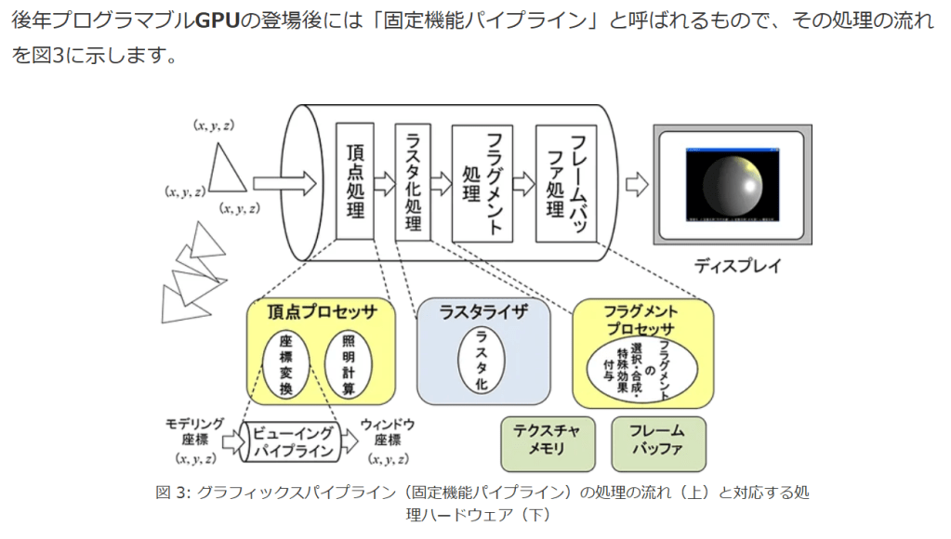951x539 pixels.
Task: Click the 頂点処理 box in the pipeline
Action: click(355, 180)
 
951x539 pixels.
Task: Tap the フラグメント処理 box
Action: click(482, 182)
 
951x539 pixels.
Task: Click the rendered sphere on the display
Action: click(731, 187)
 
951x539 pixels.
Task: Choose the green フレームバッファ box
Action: click(657, 443)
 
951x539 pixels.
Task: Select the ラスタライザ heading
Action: click(482, 312)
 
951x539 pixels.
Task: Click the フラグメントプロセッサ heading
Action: click(641, 319)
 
